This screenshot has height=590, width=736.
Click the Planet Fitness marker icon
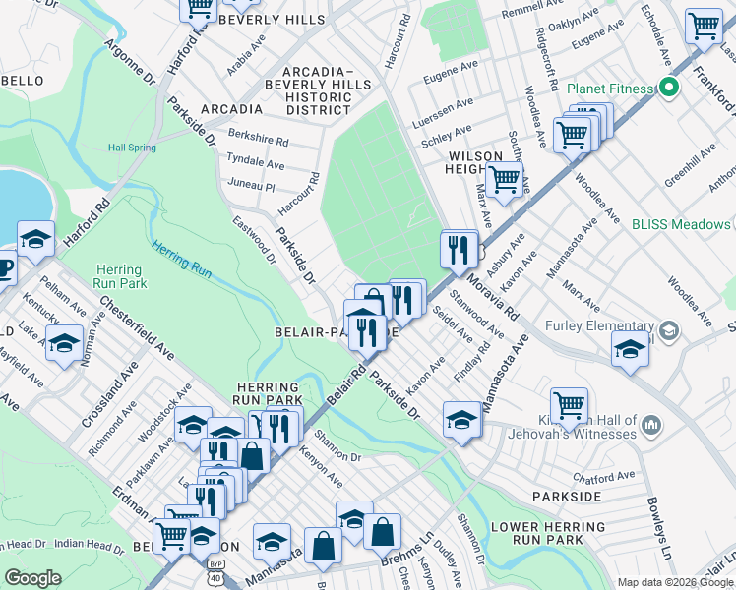669,88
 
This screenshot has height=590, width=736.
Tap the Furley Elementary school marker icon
669,328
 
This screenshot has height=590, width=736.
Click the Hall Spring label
132,147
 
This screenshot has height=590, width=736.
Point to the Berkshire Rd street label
257,141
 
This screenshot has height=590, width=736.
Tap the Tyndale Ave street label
255,162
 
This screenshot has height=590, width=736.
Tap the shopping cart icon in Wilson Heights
504,180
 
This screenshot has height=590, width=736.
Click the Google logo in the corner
32,578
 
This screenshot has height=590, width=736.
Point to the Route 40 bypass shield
215,567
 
